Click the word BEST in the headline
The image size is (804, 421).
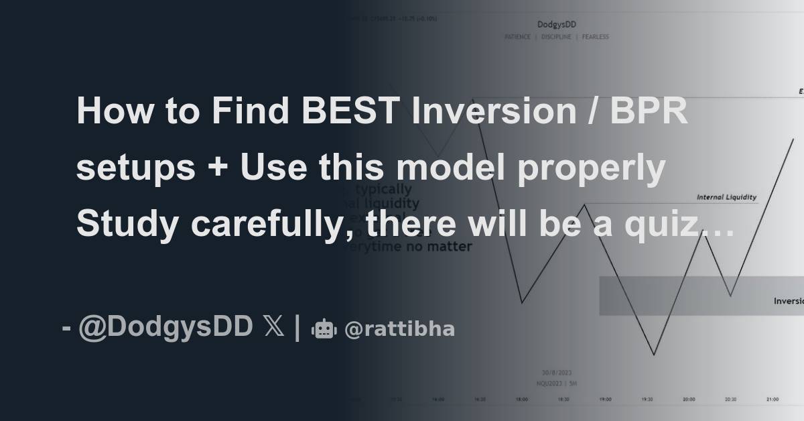(x=348, y=111)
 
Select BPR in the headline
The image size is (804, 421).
(x=649, y=111)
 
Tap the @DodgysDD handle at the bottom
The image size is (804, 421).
(x=165, y=328)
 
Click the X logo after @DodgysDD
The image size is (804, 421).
(x=273, y=328)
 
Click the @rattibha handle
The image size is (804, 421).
(x=399, y=329)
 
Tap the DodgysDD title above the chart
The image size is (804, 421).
(x=557, y=25)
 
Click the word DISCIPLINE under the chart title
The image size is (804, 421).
(x=557, y=37)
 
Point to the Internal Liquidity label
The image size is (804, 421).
(x=726, y=197)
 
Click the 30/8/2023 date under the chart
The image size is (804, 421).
(x=557, y=373)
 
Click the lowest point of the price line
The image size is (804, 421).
(x=654, y=355)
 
